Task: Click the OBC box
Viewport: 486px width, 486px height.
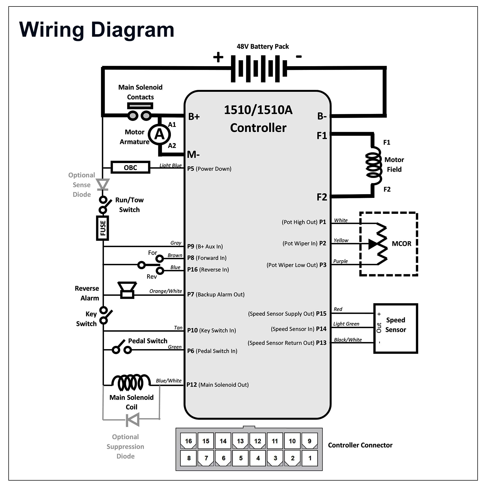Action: coord(130,167)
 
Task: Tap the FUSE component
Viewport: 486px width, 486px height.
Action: coord(103,228)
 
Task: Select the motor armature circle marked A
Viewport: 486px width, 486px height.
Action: coord(159,134)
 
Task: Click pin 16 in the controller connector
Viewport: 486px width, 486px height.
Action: coord(188,441)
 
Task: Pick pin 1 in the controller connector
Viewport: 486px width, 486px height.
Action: coord(310,458)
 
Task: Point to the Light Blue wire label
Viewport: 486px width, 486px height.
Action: coord(170,165)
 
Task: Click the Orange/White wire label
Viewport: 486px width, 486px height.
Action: coord(166,291)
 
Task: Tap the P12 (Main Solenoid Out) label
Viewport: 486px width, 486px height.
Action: coord(218,384)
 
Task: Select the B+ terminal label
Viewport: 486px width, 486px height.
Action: coord(194,117)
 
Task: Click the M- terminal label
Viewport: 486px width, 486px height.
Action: coord(193,154)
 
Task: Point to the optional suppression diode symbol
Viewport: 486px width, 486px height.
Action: coord(133,420)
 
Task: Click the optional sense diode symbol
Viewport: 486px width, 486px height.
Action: coord(103,184)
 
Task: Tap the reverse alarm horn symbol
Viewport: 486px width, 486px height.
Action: coord(127,290)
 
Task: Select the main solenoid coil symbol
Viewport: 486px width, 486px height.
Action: coord(131,382)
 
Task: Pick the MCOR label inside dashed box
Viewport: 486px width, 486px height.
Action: coord(401,244)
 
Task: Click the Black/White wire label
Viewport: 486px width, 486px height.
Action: coord(348,340)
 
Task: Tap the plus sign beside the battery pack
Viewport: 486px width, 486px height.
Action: coord(218,57)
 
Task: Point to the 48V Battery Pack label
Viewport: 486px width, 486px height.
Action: coord(263,46)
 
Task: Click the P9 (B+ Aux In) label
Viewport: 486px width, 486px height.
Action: coord(205,246)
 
